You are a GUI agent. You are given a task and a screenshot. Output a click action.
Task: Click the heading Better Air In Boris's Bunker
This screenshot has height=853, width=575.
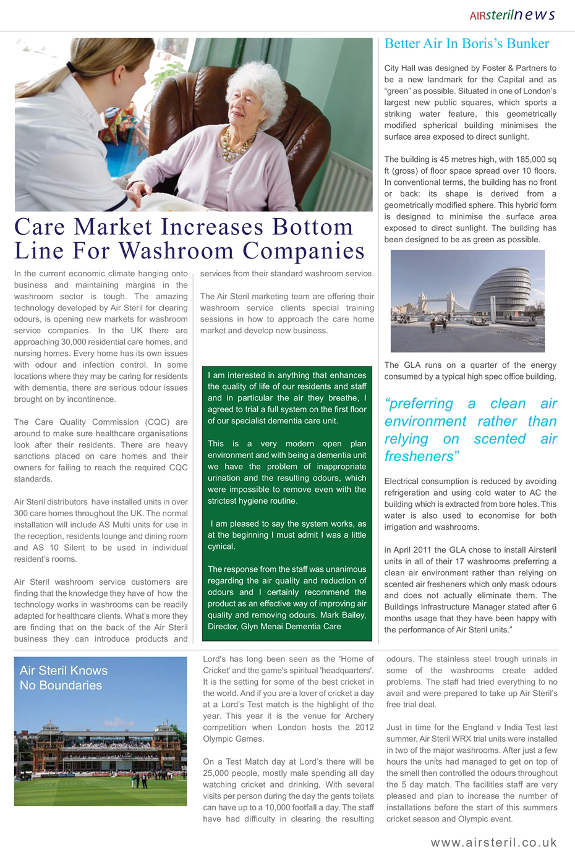point(466,44)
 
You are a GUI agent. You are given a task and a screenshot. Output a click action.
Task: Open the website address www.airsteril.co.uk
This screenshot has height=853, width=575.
point(493,842)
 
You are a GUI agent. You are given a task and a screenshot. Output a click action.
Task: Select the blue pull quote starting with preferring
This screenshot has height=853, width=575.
point(470,430)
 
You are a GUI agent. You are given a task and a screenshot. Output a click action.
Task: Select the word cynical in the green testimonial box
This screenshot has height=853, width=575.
point(221,546)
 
